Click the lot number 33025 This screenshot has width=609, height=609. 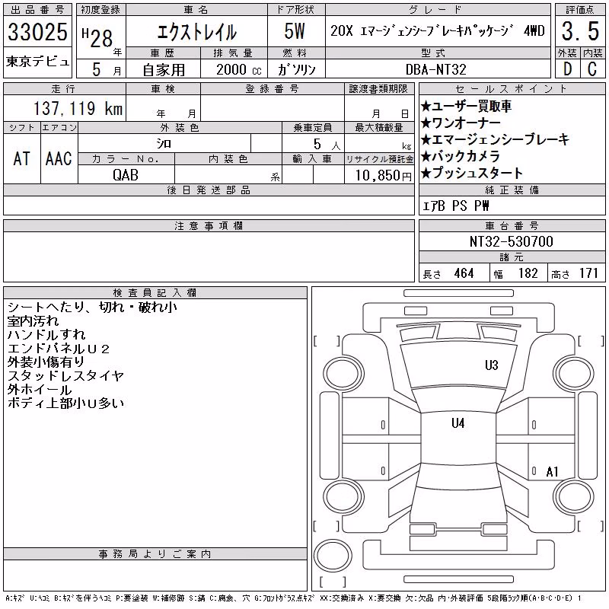[37, 32]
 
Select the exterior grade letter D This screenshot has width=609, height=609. [567, 69]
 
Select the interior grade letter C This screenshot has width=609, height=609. [592, 69]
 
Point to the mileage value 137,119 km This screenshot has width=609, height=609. [78, 108]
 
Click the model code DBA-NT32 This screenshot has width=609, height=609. [435, 69]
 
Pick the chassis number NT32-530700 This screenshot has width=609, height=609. [511, 241]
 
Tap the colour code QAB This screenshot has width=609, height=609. [126, 175]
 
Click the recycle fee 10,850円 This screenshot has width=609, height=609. [383, 176]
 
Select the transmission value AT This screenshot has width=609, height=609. [22, 158]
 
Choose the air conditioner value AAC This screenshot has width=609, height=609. [59, 158]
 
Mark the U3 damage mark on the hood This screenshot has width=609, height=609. [491, 365]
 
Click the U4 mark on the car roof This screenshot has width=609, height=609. [458, 423]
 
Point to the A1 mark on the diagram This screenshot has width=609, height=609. [552, 472]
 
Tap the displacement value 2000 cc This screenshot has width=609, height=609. [239, 70]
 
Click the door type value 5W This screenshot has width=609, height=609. [295, 31]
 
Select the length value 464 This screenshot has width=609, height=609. [464, 273]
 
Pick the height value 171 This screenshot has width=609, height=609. [588, 273]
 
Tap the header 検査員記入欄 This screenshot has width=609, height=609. [155, 293]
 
